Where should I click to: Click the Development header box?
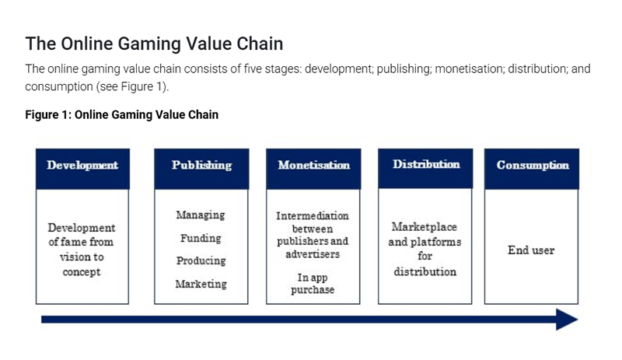pos(82,166)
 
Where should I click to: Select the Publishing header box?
pos(201,166)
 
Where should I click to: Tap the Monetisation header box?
pos(313,166)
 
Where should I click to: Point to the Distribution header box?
pos(425,165)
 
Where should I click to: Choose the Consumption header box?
pos(533,166)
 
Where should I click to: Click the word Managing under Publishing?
pos(200,215)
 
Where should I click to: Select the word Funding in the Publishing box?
pos(201,238)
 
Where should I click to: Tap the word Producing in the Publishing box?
pos(201,260)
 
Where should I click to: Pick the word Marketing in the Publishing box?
pos(201,284)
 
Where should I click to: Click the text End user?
pos(533,250)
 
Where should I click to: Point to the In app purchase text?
pos(313,283)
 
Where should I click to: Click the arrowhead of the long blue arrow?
pos(567,319)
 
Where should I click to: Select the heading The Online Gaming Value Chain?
pos(154,44)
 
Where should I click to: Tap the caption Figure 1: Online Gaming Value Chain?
pos(121,115)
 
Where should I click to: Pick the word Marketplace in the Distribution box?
pos(425,227)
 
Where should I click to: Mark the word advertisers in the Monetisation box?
pos(313,254)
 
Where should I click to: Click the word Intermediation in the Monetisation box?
pos(313,215)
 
